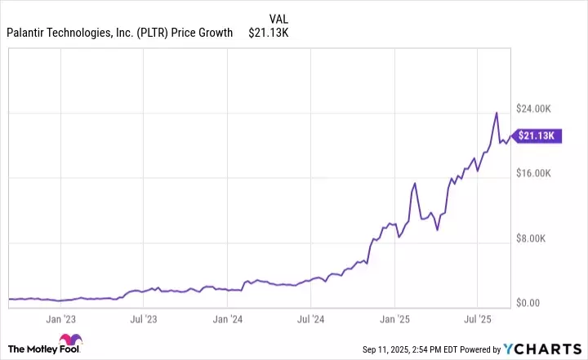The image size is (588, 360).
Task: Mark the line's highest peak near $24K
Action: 496,113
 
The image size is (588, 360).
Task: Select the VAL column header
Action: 277,16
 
